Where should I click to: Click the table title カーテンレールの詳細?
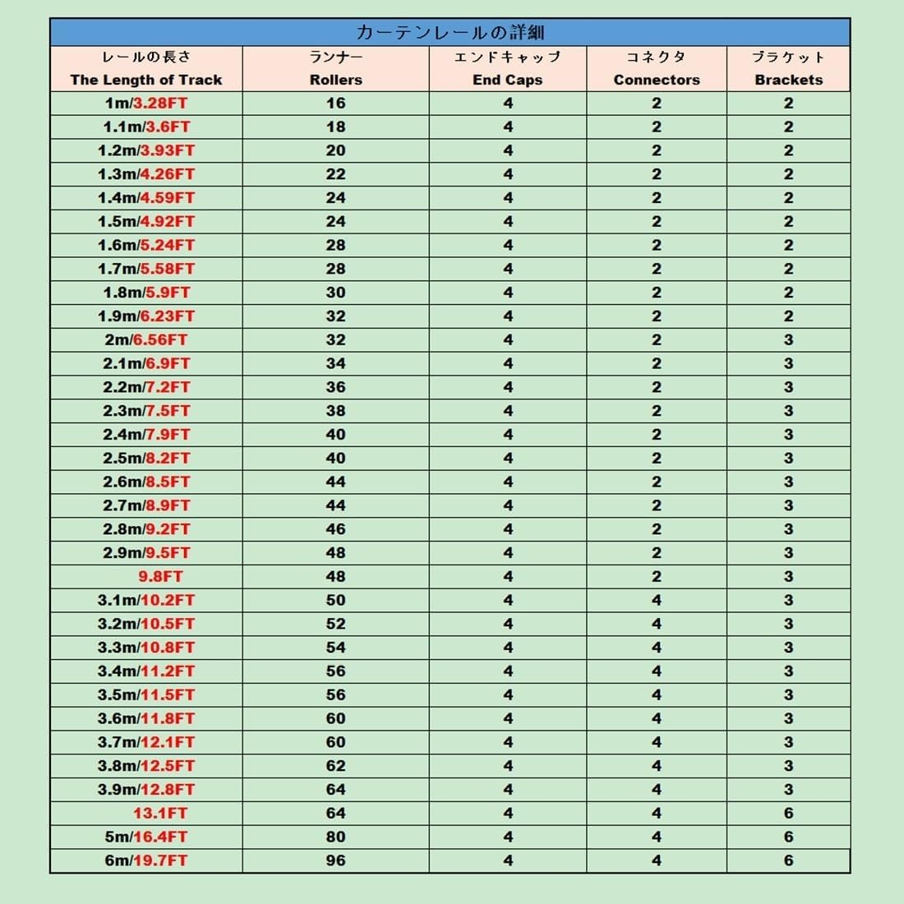[x=450, y=33]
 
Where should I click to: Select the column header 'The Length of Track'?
[x=146, y=80]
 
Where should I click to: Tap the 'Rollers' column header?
[x=335, y=80]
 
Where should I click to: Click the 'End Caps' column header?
[x=507, y=80]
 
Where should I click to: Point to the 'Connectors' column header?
[x=657, y=80]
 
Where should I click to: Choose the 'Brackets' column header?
[x=788, y=80]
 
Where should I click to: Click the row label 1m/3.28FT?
[x=146, y=104]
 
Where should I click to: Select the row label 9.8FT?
[x=160, y=576]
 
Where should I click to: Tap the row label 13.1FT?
[x=160, y=813]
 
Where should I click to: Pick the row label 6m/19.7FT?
[x=146, y=860]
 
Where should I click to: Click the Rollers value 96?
[x=335, y=860]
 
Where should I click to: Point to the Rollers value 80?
[x=335, y=837]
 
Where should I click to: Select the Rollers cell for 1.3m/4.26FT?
[x=335, y=174]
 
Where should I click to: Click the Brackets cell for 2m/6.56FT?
[x=788, y=339]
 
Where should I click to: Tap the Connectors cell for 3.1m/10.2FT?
[x=657, y=600]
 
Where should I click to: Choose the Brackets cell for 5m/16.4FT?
[x=788, y=837]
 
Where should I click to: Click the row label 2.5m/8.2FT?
[x=146, y=458]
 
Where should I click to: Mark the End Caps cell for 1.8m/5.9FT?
[x=507, y=293]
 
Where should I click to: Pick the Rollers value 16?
[x=335, y=104]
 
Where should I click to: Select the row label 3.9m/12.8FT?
[x=146, y=789]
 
